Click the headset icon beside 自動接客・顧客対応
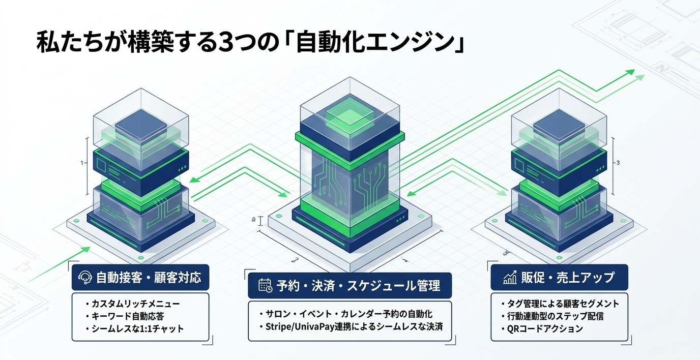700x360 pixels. click(84, 277)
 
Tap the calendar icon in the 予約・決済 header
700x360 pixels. click(266, 285)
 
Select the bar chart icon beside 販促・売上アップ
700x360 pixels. click(510, 277)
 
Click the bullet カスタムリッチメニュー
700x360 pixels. click(133, 304)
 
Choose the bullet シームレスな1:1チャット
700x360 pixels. click(135, 328)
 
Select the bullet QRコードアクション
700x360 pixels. click(542, 328)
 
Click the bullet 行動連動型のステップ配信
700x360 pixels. click(552, 316)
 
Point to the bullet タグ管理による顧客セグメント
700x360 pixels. click(560, 304)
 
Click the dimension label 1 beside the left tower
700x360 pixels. click(82, 163)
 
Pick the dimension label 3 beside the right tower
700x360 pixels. click(618, 163)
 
